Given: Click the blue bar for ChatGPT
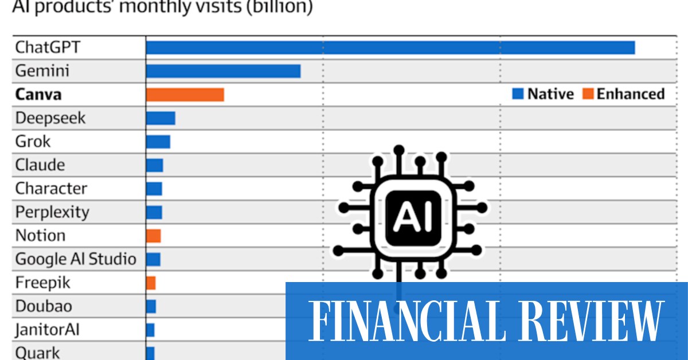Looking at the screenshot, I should coord(390,48).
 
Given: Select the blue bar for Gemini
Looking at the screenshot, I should coord(223,71).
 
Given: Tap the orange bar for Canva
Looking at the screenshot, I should coord(185,95).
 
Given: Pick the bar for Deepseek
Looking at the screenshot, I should coord(161,118).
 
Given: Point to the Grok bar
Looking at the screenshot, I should coord(158,142).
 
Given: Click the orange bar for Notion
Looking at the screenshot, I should coord(153,236).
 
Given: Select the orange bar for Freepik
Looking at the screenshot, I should coord(151,283).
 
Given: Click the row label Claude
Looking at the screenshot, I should coord(40,165).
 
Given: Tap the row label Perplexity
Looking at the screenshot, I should coord(52,212).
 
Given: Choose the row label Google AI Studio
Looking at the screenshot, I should coord(76,259).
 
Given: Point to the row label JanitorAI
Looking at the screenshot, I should coord(48,330).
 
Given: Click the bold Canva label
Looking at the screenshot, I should coord(38,95).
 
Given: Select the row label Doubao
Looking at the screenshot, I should coord(44,306).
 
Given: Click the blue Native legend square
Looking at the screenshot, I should coord(518,94).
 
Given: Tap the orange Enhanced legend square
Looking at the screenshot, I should coord(588,94).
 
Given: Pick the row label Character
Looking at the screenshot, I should coord(51,189).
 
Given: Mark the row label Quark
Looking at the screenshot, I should coord(37,353).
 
